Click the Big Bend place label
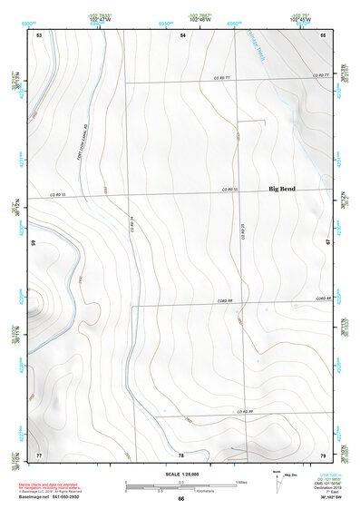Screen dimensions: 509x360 pos(281,189)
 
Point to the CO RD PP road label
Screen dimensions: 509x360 pos(244,411)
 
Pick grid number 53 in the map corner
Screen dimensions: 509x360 pos(39,34)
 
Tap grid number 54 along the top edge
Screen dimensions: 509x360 pos(182,34)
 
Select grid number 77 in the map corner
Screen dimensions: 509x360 pos(39,453)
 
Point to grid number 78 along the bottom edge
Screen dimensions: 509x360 pos(181,453)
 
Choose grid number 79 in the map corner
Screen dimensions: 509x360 pos(323,453)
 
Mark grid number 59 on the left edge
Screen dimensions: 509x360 pos(34,243)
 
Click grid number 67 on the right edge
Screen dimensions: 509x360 pos(328,243)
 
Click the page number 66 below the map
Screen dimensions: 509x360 pos(180,499)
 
